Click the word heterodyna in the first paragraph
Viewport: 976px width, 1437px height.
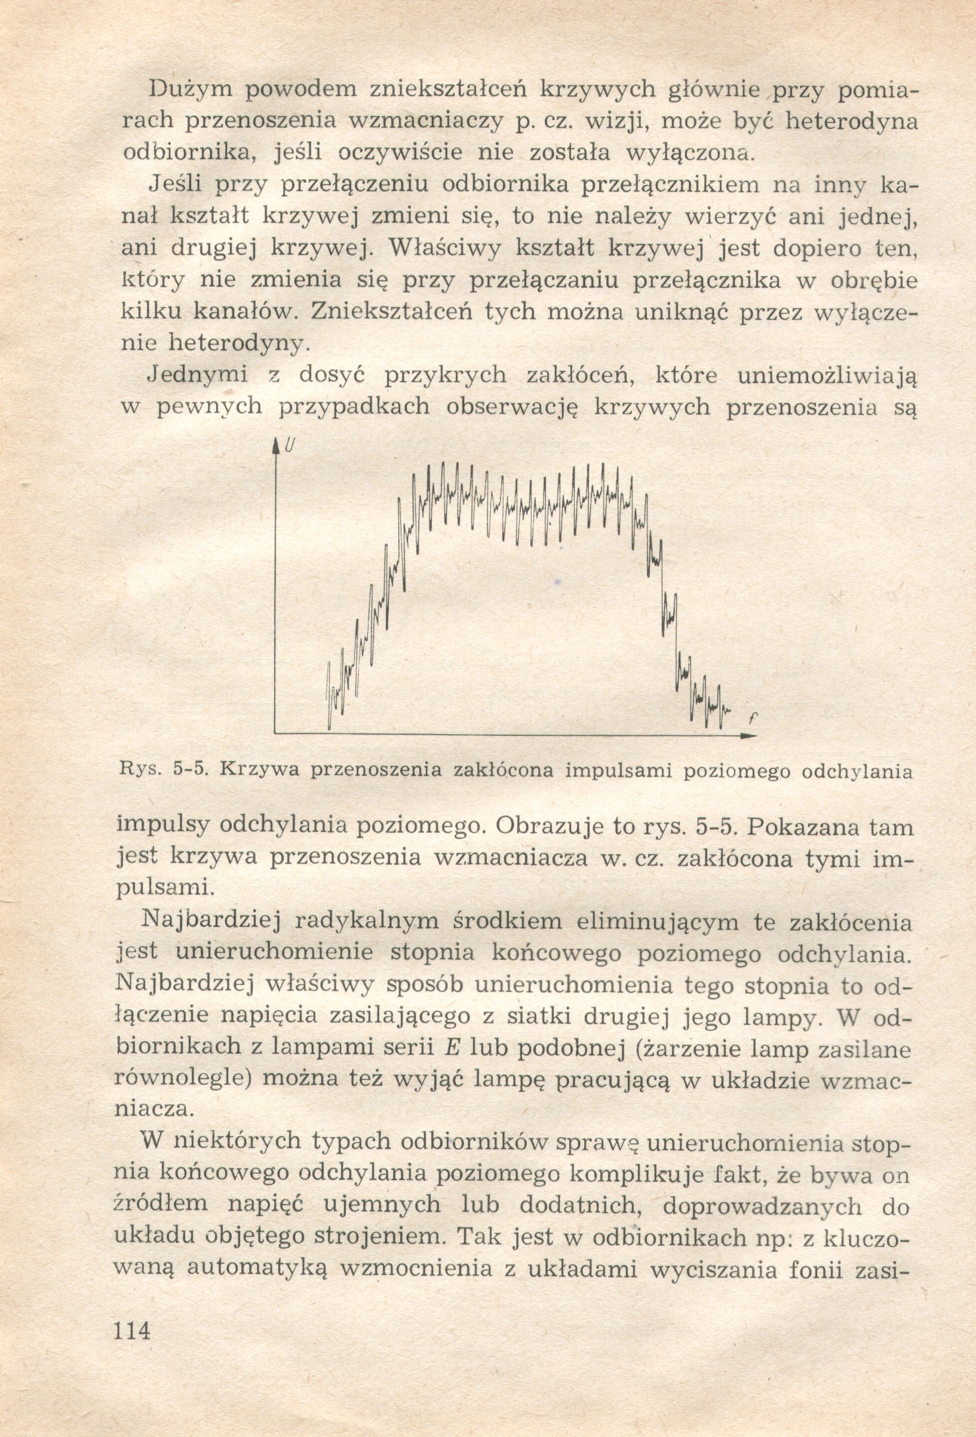tap(852, 122)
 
